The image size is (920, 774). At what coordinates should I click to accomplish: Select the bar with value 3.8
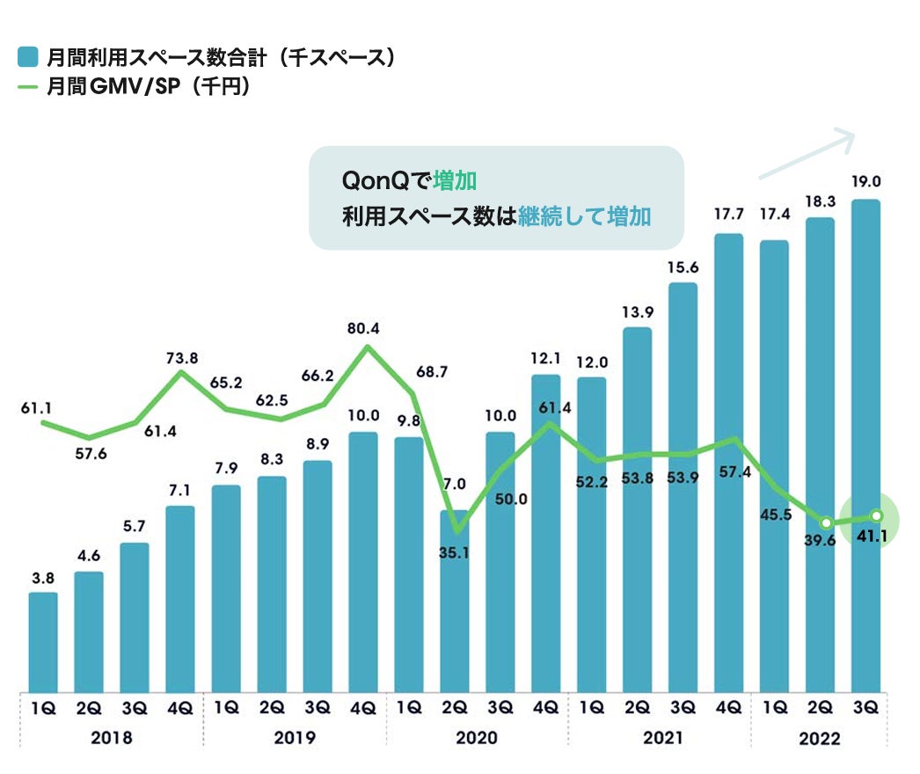43,641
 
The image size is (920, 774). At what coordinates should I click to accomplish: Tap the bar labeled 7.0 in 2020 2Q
455,607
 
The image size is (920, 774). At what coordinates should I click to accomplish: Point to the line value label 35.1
456,554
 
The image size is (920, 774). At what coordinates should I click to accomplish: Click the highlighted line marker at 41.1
876,516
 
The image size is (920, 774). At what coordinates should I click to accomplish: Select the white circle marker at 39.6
826,522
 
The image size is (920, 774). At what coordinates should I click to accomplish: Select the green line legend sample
27,87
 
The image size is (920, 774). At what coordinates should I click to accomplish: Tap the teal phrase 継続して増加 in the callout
584,216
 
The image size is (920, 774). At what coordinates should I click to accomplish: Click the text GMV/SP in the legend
148,88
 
